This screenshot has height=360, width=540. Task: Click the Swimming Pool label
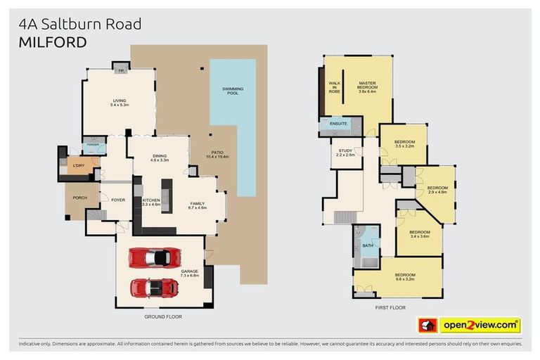tap(233, 91)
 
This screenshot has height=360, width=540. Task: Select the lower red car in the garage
tap(154, 288)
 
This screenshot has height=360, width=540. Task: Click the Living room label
tap(119, 103)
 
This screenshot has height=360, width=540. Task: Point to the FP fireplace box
tap(121, 71)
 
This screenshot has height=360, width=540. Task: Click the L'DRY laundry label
tap(78, 166)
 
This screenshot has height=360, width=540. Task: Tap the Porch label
tap(79, 198)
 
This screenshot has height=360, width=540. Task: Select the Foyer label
tap(117, 200)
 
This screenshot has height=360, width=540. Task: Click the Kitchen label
tap(152, 202)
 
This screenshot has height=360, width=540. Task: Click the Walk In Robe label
tap(335, 87)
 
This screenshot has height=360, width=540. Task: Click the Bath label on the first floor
tap(368, 245)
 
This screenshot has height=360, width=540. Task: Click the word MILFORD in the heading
tap(53, 42)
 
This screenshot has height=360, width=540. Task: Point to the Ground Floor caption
tap(162, 316)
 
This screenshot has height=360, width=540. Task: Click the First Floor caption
tap(390, 307)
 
